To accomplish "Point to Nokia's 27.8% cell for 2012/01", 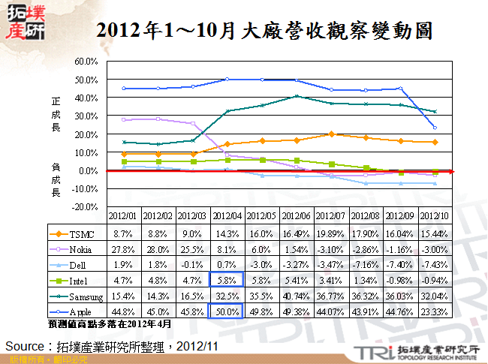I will pos(124,248).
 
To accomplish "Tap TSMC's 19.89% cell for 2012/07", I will pos(331,233).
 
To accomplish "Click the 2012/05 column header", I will pos(262,216).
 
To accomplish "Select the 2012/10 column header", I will pos(434,216).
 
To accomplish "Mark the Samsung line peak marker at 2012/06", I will pos(297,96).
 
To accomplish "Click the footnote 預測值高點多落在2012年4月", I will pos(109,323).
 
